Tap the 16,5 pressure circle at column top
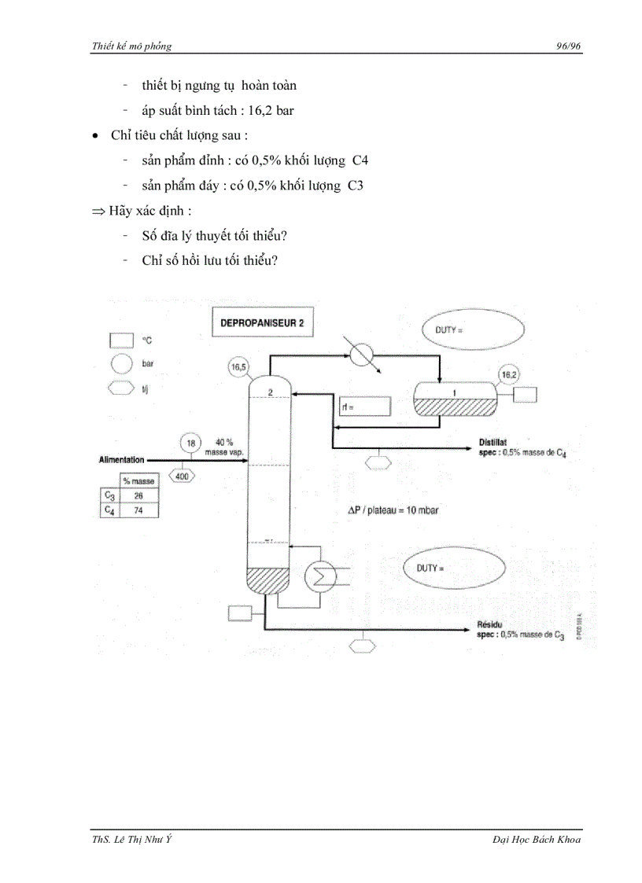[238, 366]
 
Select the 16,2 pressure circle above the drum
[508, 375]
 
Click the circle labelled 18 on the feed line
[190, 443]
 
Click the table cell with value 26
[138, 495]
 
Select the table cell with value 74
[138, 510]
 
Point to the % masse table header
[138, 480]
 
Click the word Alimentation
[122, 459]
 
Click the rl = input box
[365, 407]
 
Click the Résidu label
[490, 625]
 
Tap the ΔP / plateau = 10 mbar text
[393, 510]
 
